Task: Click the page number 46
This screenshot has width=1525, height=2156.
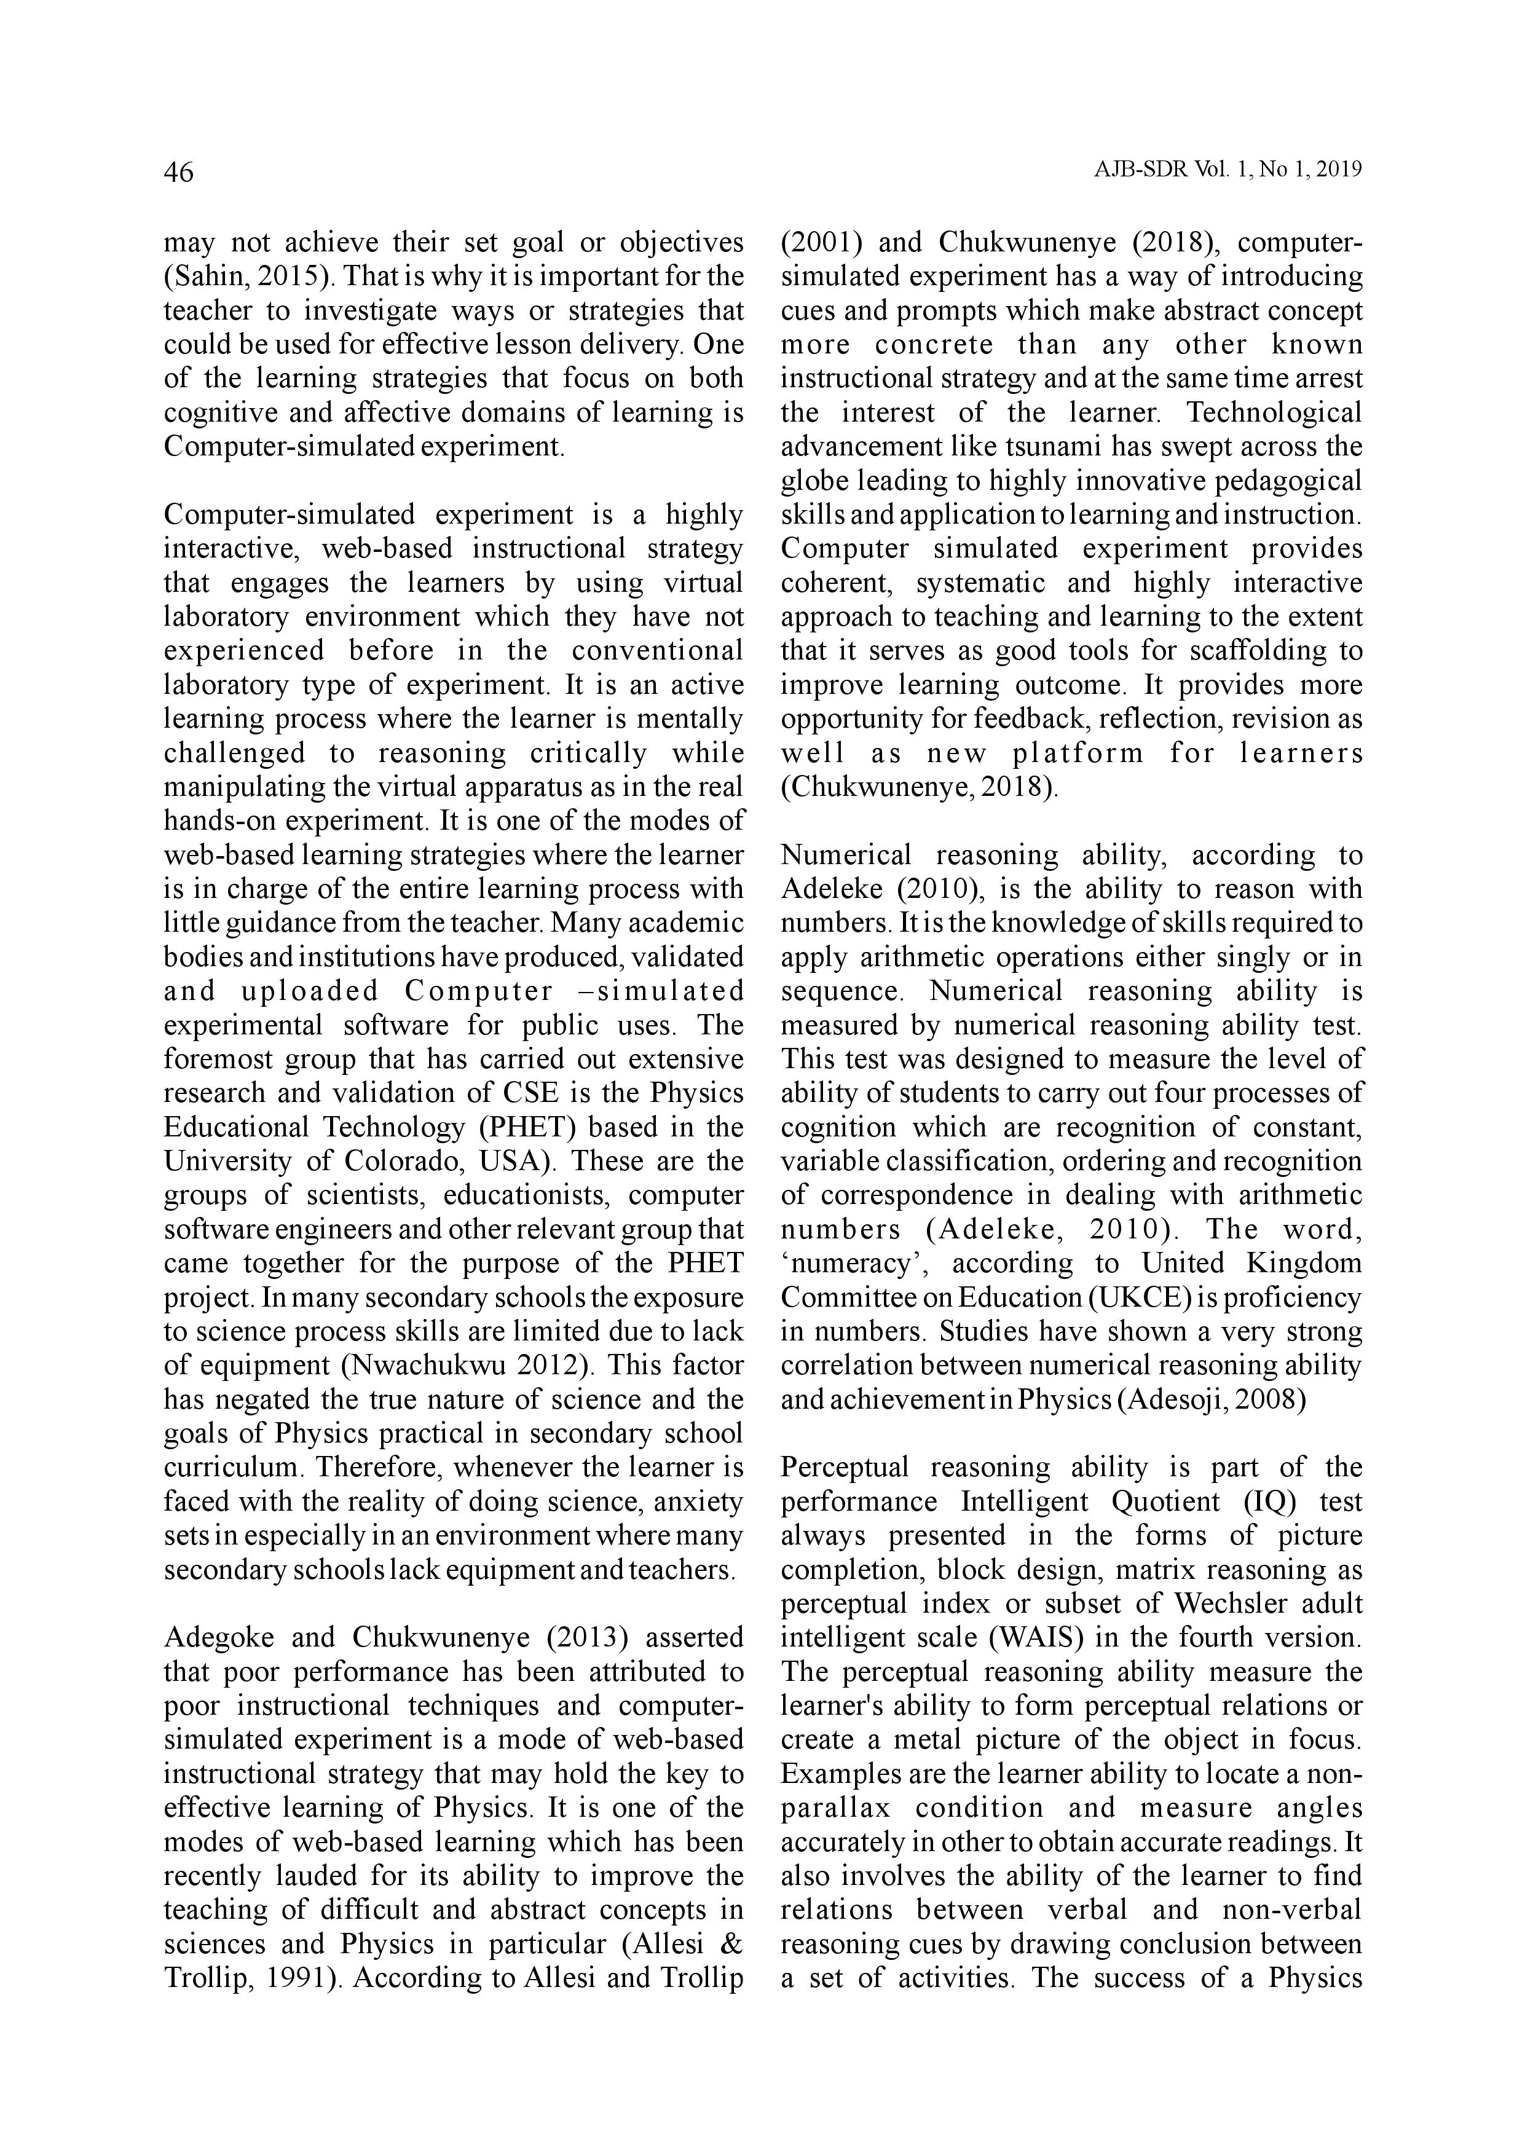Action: point(178,173)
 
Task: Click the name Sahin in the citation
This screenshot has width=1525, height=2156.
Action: point(200,277)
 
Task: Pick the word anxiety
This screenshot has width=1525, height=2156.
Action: point(697,1501)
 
